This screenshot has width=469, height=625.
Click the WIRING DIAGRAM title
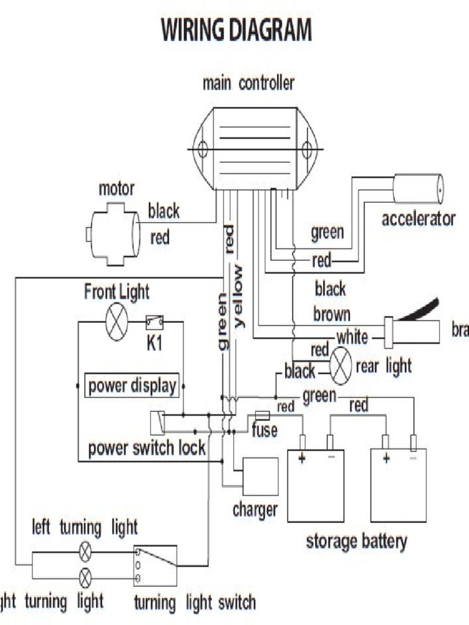click(x=236, y=30)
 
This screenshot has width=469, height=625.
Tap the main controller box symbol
click(x=255, y=148)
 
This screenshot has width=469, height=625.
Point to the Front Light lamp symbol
click(x=116, y=321)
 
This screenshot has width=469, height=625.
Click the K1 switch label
click(x=154, y=344)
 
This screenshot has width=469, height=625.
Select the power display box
click(x=132, y=386)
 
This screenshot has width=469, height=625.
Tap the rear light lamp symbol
click(x=340, y=366)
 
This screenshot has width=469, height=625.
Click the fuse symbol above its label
click(x=261, y=415)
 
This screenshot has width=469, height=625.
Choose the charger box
click(x=260, y=476)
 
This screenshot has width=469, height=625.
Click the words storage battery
click(x=356, y=541)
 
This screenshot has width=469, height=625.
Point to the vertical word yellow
click(x=238, y=297)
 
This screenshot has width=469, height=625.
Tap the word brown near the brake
click(x=332, y=314)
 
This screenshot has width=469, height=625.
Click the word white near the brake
click(x=352, y=336)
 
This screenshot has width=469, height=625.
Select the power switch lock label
click(x=147, y=449)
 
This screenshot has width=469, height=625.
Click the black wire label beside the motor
click(x=164, y=211)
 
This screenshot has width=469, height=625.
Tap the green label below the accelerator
click(x=327, y=232)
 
